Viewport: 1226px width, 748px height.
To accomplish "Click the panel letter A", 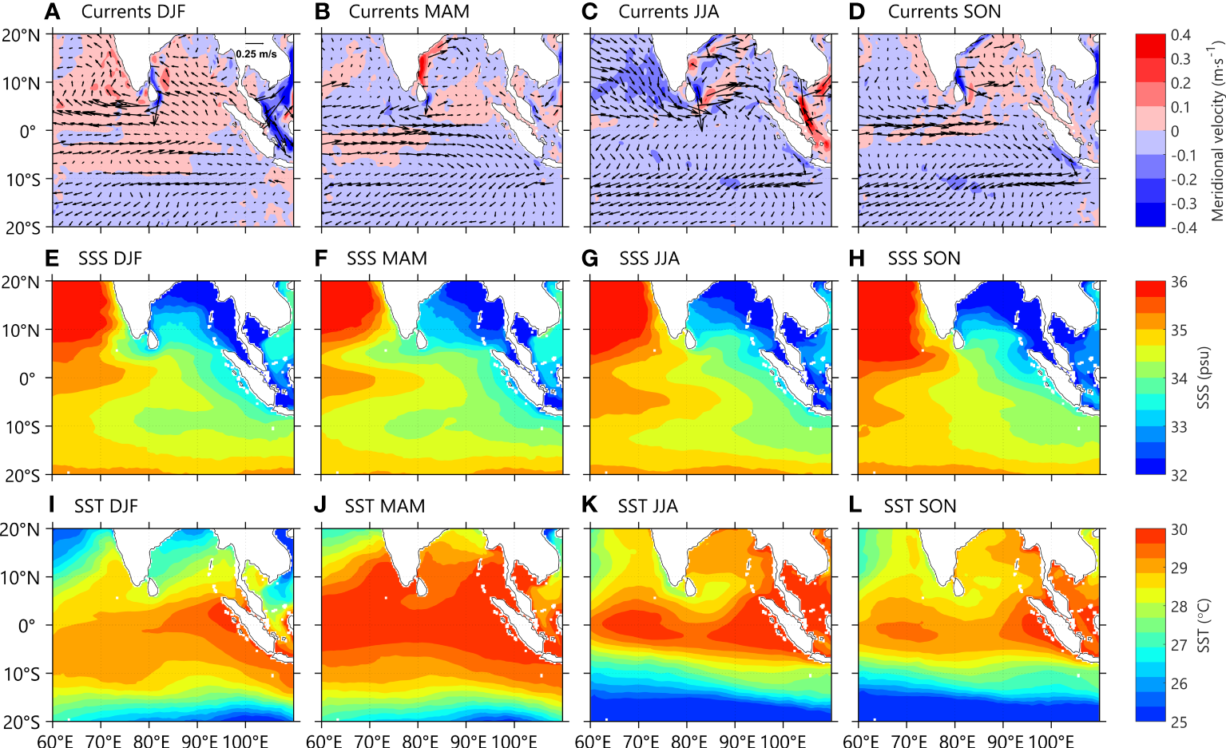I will pyautogui.click(x=52, y=12).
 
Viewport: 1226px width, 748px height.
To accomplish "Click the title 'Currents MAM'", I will pyautogui.click(x=409, y=12).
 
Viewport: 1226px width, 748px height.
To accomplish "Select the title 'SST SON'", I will pyautogui.click(x=919, y=506).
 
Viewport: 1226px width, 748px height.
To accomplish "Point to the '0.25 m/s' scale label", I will pyautogui.click(x=256, y=53).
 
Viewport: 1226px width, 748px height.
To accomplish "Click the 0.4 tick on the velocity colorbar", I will pyautogui.click(x=1180, y=35).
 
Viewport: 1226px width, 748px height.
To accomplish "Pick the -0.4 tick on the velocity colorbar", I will pyautogui.click(x=1183, y=228).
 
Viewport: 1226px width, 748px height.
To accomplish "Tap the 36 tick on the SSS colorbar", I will pyautogui.click(x=1179, y=283).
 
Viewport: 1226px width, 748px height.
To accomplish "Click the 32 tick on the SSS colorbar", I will pyautogui.click(x=1179, y=475).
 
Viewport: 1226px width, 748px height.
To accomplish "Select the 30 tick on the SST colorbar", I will pyautogui.click(x=1179, y=530).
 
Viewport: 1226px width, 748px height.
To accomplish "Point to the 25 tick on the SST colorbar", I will pyautogui.click(x=1179, y=722).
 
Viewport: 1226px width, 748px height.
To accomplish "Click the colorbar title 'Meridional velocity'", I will pyautogui.click(x=1216, y=132).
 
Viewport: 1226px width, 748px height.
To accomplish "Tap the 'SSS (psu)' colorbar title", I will pyautogui.click(x=1204, y=378).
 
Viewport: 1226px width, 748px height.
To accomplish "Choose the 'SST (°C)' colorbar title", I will pyautogui.click(x=1204, y=626).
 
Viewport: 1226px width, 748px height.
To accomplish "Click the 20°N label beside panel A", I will pyautogui.click(x=22, y=35).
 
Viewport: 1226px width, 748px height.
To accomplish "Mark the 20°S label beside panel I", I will pyautogui.click(x=22, y=722).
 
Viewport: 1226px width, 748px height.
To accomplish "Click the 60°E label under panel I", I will pyautogui.click(x=54, y=740).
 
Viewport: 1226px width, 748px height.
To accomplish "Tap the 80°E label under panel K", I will pyautogui.click(x=688, y=740).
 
